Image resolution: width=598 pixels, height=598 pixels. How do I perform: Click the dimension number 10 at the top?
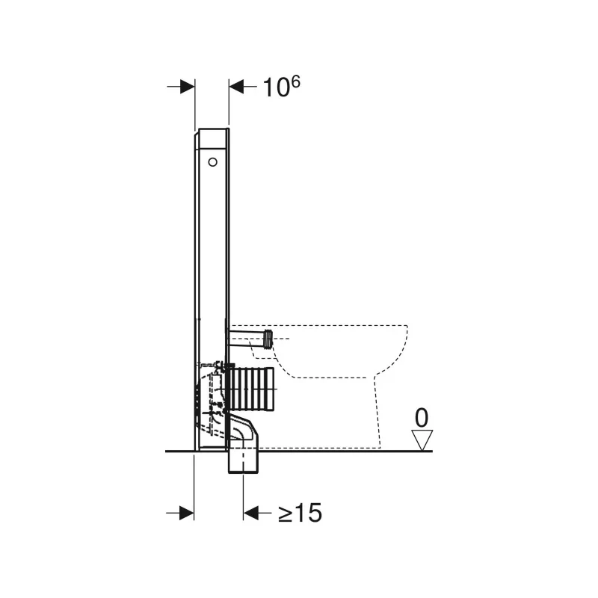coord(274,87)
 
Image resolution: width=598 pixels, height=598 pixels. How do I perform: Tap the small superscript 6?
coord(295,81)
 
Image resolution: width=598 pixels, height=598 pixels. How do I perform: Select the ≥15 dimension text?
coord(300,513)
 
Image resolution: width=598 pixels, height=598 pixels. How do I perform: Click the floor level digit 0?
coord(422,418)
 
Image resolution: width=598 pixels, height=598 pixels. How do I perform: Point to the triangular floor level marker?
coord(422,440)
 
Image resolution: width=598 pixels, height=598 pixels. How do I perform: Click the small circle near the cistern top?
coord(212,162)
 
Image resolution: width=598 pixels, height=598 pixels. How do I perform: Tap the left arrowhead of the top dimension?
coord(188,87)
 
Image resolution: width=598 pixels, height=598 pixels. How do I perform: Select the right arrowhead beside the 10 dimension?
coord(236,87)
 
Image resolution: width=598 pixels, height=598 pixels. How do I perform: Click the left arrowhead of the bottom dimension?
coord(186,513)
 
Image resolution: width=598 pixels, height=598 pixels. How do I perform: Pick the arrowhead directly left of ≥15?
coord(251,513)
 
